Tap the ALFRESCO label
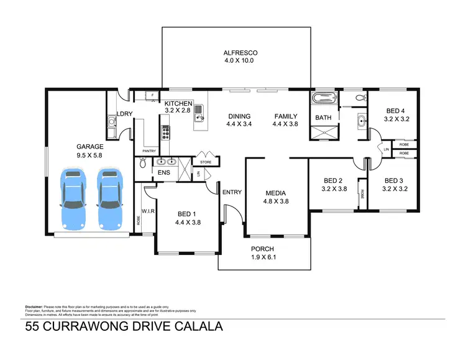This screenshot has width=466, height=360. [236, 53]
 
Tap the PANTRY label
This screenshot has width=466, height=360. [149, 150]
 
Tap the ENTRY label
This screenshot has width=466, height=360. [232, 192]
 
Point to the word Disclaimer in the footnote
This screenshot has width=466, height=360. [34, 307]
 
